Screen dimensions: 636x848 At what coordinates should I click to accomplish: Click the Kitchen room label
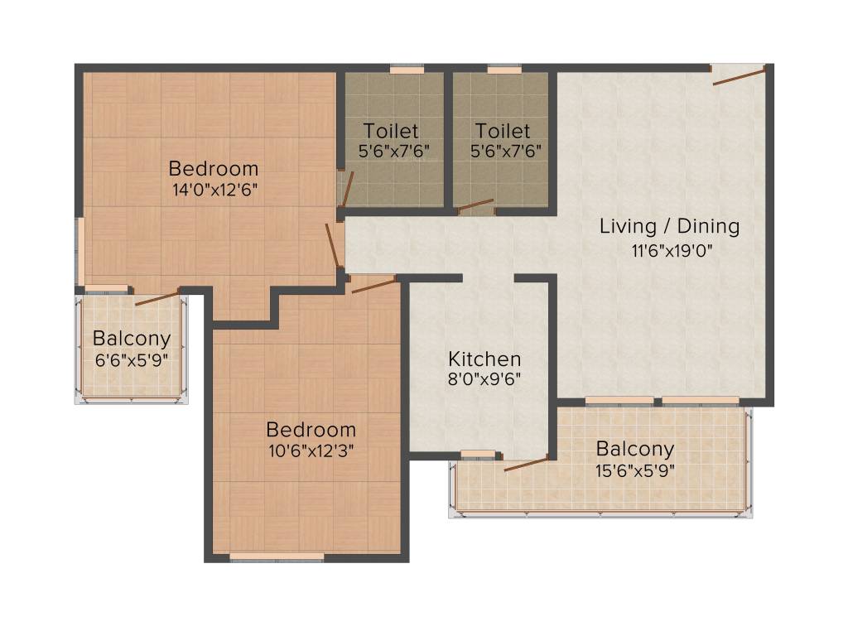pos(484,359)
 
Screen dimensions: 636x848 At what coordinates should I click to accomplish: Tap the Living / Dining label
pos(669,226)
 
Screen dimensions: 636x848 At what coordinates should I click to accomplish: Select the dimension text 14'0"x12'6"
pos(214,189)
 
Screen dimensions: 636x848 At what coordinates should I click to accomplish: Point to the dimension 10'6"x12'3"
pos(311,450)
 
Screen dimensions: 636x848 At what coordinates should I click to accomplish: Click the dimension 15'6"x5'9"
pos(635,470)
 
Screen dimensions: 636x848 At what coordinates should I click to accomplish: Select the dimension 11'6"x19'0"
pos(669,248)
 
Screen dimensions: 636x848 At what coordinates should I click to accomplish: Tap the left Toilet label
pos(391,131)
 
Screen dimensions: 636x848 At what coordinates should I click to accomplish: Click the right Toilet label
pos(503,131)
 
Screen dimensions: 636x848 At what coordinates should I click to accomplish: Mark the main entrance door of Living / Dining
pos(738,76)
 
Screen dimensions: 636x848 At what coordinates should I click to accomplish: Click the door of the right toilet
pos(475,205)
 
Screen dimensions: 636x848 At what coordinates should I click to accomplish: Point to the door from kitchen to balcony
pos(526,463)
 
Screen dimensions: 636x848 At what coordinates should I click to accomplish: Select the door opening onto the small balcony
pos(157,297)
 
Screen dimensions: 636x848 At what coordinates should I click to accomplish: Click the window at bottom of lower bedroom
pos(277,556)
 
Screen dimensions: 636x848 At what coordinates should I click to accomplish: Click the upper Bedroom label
pos(214,169)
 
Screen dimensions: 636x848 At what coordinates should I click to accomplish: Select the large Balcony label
pos(635,450)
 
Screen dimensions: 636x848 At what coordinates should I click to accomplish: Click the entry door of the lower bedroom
pos(373,285)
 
